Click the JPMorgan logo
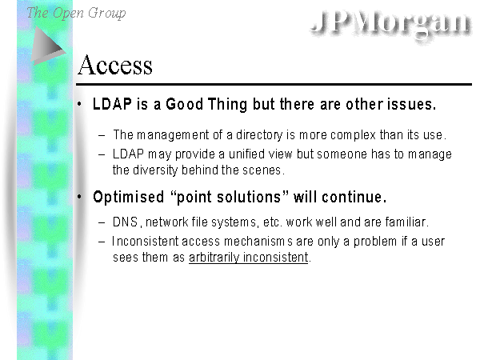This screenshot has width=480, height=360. (x=390, y=22)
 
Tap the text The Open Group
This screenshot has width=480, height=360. (x=76, y=13)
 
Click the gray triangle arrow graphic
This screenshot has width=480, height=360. (x=48, y=46)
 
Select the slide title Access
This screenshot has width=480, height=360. (x=115, y=65)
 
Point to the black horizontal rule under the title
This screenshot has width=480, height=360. (x=274, y=84)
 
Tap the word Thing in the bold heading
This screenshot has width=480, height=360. (x=227, y=105)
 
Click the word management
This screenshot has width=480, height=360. (x=173, y=135)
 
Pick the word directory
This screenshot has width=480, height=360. (x=259, y=135)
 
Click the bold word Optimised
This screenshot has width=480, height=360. (x=129, y=197)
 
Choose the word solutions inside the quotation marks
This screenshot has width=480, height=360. (x=249, y=197)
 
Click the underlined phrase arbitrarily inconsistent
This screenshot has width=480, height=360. (x=248, y=258)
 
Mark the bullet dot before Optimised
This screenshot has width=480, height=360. (x=79, y=197)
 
